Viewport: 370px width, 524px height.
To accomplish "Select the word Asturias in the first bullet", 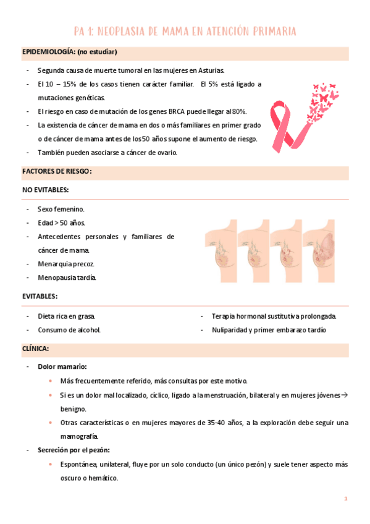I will click(x=210, y=70).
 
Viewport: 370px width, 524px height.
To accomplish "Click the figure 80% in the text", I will click(x=238, y=111).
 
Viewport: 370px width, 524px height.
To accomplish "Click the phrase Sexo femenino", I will click(x=61, y=209).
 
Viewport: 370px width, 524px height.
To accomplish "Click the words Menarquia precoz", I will click(x=66, y=264).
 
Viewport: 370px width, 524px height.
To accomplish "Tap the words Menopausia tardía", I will click(x=67, y=277).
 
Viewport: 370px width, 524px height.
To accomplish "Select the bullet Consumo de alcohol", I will click(x=69, y=329).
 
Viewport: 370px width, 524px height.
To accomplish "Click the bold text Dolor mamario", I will click(x=62, y=367).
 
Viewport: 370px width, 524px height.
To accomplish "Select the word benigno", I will click(x=74, y=408).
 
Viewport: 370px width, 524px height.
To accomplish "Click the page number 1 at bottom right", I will click(x=345, y=498).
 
